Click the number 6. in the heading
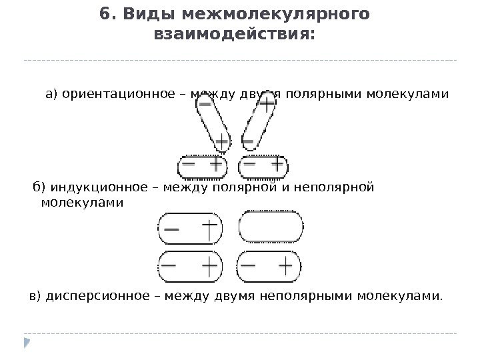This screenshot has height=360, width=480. tap(107, 14)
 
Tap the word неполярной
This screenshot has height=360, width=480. tap(339, 187)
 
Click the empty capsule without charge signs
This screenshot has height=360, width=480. tap(271, 227)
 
